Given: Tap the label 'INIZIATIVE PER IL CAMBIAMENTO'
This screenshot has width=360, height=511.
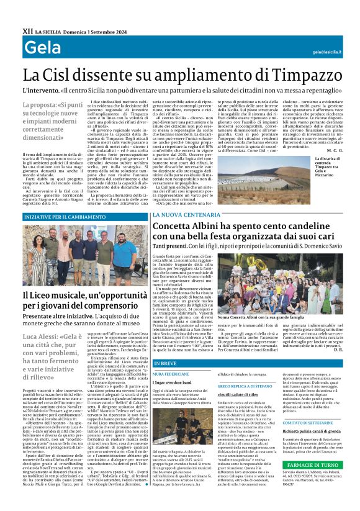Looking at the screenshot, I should pos(58,217).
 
